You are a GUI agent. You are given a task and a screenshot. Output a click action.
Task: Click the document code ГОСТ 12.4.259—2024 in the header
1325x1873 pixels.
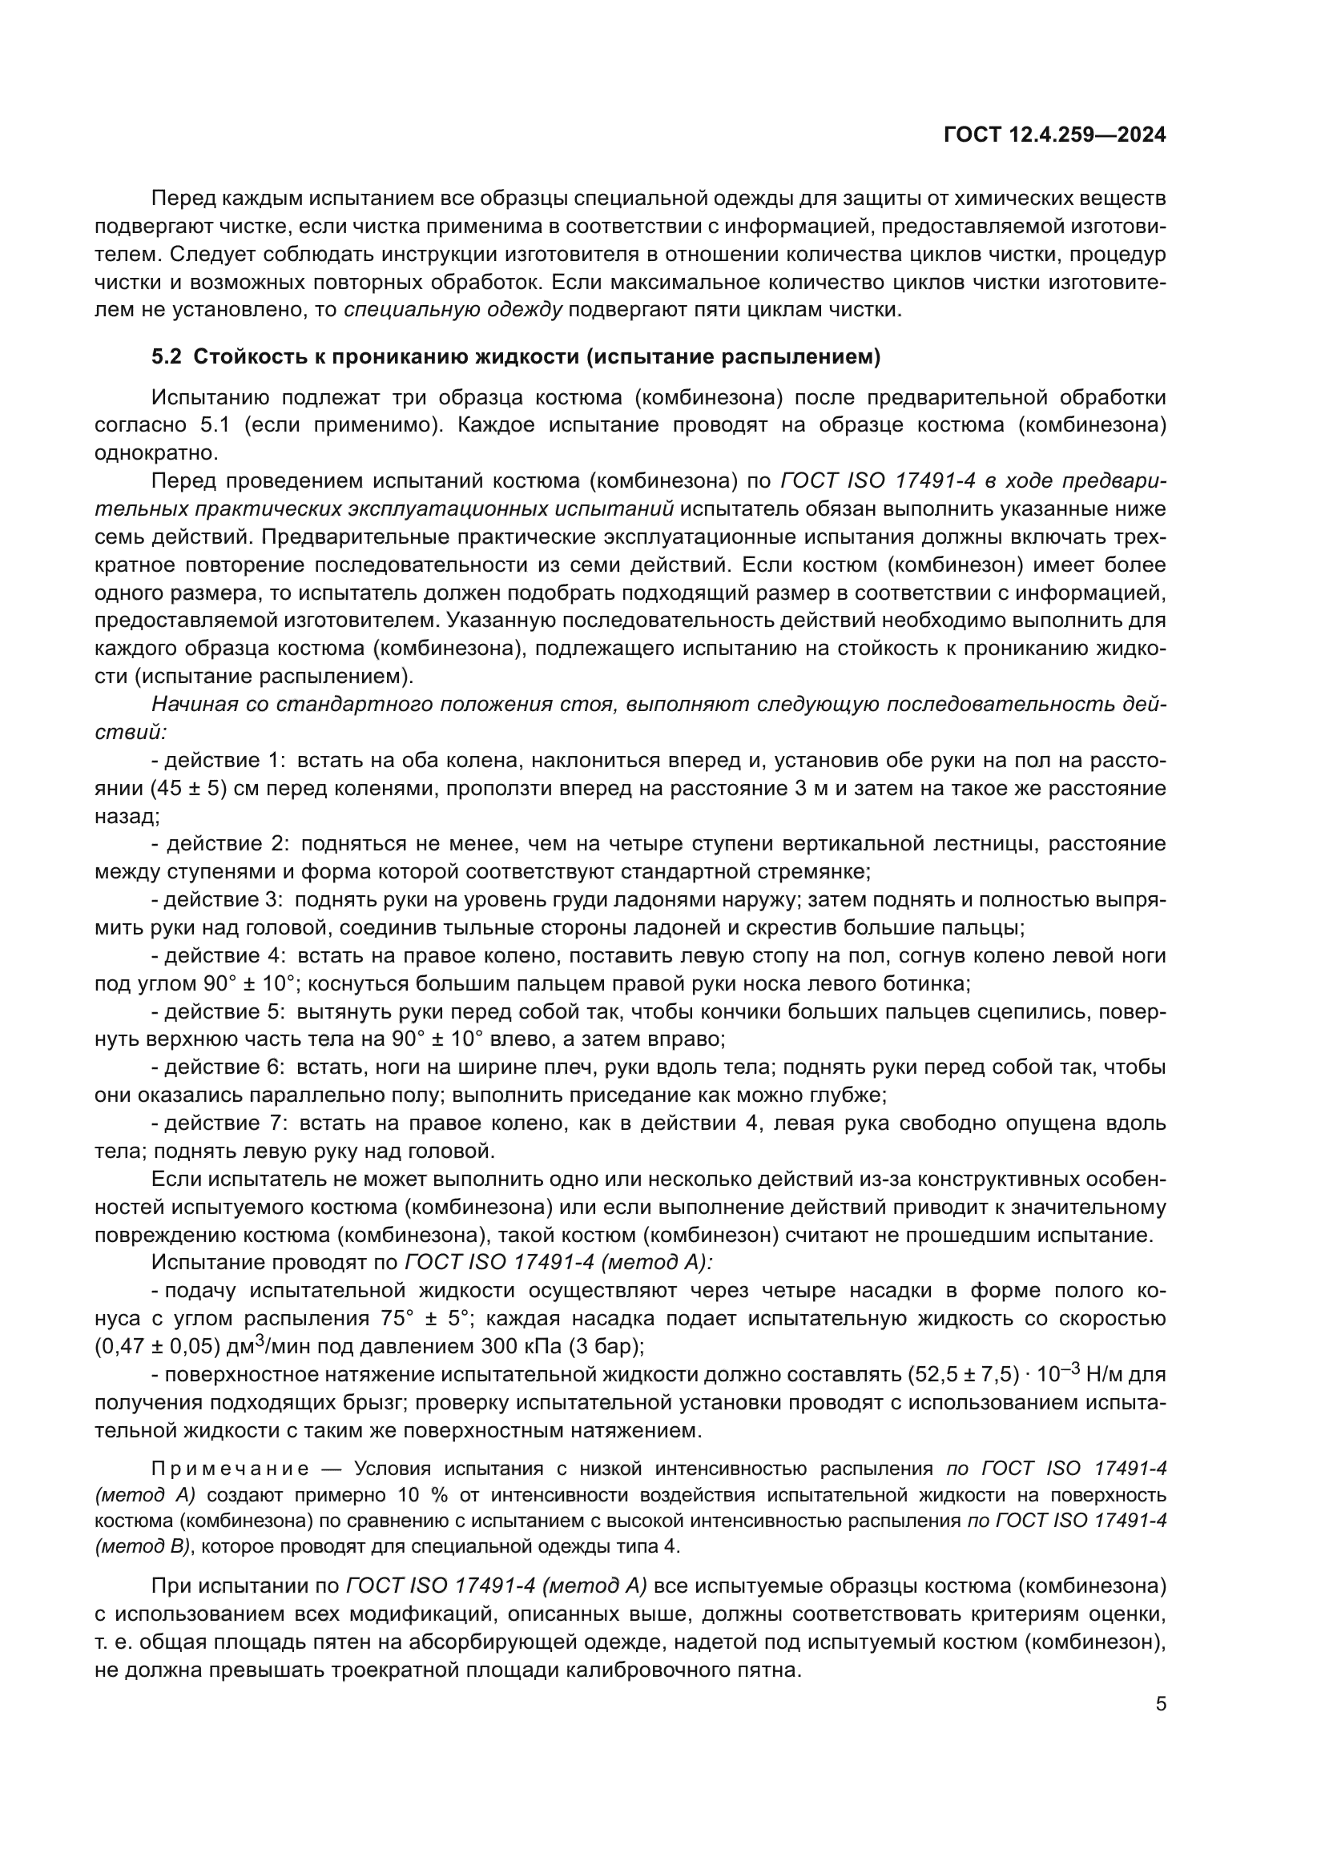point(1054,135)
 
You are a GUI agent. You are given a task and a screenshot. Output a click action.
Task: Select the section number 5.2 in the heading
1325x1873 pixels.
point(169,356)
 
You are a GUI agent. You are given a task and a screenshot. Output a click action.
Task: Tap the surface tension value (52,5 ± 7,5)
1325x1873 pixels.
point(963,1376)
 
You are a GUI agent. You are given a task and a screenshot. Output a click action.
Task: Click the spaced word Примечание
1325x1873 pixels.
point(230,1469)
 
